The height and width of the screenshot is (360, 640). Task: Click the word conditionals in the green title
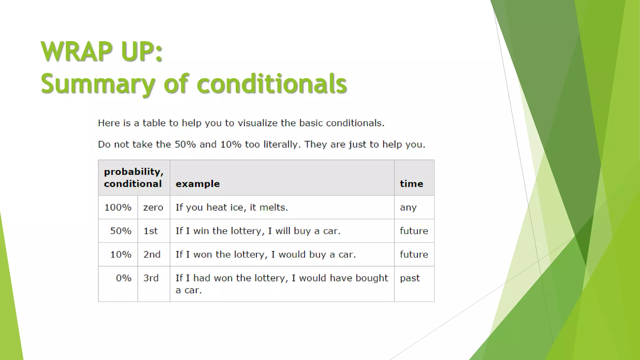click(272, 84)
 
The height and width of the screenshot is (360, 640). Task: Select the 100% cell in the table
click(118, 207)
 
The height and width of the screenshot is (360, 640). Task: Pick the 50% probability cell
click(121, 231)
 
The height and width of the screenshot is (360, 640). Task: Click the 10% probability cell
click(121, 254)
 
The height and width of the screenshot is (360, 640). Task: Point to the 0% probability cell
click(123, 278)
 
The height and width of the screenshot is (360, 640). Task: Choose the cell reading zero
click(153, 207)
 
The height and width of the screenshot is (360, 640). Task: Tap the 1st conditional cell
click(151, 231)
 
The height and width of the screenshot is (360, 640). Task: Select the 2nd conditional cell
click(152, 254)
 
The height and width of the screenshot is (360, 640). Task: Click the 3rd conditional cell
click(151, 278)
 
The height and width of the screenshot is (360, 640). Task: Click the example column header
click(197, 184)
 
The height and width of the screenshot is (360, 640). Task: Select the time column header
click(411, 184)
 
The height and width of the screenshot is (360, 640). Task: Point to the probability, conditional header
click(133, 177)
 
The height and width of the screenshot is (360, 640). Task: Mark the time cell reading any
click(408, 207)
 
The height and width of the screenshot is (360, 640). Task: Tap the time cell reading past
click(410, 278)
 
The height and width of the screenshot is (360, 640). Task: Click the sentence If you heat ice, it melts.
click(232, 207)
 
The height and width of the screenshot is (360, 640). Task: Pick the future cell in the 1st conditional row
click(414, 231)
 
